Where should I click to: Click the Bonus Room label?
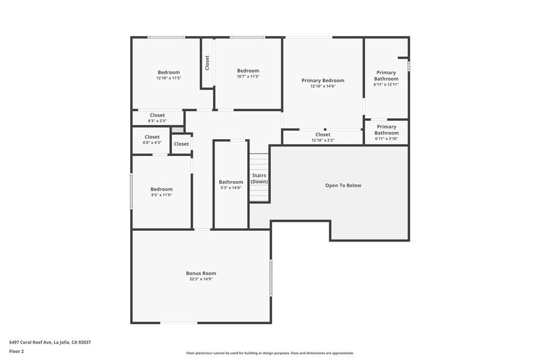[201, 273]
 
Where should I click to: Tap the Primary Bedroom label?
[323, 81]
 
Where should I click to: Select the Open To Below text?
[343, 186]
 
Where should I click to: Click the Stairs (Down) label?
[259, 179]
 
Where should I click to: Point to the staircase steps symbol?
[259, 192]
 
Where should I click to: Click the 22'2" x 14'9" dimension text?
[201, 279]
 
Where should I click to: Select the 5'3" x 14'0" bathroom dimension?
[231, 188]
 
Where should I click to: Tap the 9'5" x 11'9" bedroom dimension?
[161, 195]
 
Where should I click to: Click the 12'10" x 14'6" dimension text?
[323, 86]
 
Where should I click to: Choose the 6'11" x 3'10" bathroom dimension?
[387, 139]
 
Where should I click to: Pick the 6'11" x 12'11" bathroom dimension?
[386, 84]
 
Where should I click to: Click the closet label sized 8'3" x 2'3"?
[157, 115]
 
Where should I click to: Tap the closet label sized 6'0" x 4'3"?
[152, 137]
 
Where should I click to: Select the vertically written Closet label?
[207, 63]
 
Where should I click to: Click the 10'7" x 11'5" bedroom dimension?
[248, 76]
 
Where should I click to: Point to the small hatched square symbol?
[178, 129]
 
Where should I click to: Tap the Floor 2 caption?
[17, 351]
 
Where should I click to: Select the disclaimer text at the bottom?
[269, 353]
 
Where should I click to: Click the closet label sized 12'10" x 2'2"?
[323, 134]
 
